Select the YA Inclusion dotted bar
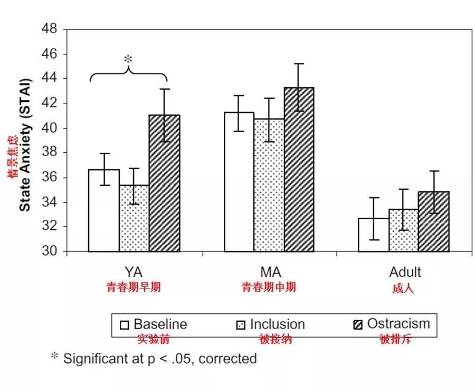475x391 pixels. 134,218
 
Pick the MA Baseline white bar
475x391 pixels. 239,182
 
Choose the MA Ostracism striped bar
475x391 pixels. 299,170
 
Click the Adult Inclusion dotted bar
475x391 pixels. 404,230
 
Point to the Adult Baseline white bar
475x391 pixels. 374,235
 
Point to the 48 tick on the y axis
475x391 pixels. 50,30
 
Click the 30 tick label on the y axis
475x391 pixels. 50,252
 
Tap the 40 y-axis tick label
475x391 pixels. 50,128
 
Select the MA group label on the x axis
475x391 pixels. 270,273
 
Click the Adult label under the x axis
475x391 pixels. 405,273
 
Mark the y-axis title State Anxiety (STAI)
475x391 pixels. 24,145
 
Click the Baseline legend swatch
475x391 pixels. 125,324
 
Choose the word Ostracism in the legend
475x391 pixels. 398,323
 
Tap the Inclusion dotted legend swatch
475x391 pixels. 241,324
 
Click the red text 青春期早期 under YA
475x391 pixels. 134,287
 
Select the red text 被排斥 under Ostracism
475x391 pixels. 395,339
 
